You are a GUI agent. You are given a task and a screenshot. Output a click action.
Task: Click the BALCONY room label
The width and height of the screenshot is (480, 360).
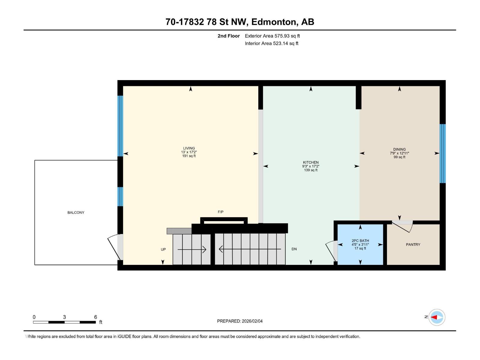pos(76,212)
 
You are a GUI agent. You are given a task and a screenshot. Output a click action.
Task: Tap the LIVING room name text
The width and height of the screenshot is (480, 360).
pos(189,148)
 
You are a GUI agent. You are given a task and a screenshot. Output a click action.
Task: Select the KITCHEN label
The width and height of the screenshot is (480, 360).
pos(310,162)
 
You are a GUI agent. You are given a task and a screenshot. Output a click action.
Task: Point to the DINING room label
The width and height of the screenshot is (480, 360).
pos(399,149)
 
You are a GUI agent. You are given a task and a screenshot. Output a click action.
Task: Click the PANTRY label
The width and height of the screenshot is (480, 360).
pos(413,244)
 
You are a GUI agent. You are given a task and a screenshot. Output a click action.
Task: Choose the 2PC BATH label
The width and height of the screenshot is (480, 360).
pos(360,241)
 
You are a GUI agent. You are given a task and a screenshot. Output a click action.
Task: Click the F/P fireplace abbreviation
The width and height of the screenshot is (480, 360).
pos(220,212)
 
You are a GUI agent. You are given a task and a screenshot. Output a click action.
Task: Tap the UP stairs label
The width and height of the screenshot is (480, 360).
pos(163,249)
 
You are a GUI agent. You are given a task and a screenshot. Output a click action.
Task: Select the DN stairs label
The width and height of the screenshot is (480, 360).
pos(294,249)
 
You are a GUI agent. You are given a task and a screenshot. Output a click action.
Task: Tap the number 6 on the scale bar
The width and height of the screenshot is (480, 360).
pos(95,317)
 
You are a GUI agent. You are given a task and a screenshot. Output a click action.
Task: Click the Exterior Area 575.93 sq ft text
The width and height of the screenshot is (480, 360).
pos(272,36)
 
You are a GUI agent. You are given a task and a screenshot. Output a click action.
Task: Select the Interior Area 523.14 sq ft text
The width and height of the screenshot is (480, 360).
pos(271,43)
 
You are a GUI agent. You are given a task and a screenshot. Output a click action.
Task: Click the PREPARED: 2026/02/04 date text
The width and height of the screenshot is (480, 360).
pos(240,321)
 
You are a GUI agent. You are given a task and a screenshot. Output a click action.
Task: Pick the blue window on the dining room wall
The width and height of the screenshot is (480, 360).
pos(442,153)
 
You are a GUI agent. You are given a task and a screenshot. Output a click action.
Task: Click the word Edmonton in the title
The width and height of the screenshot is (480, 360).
pos(273,22)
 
